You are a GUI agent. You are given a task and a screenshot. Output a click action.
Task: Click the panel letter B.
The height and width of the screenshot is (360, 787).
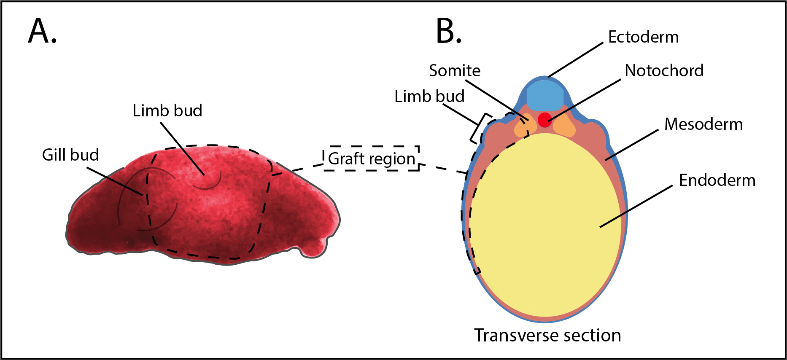point(448,31)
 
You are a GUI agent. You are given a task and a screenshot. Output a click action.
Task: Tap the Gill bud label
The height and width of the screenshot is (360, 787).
point(70,155)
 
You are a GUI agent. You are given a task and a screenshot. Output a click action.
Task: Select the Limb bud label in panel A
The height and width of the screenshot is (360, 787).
point(167,111)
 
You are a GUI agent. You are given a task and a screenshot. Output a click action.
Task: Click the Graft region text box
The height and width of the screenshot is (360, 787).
point(371,159)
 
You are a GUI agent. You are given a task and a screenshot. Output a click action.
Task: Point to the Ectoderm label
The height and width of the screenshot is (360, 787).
point(643,37)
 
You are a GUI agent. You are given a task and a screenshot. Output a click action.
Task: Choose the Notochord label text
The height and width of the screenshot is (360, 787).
point(664,70)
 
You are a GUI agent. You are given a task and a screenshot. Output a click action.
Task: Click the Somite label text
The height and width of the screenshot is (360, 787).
point(455,70)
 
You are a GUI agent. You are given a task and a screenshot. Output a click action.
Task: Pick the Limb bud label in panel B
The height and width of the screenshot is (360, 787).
point(429,97)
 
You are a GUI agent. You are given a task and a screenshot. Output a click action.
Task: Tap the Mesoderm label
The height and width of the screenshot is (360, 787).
point(703,124)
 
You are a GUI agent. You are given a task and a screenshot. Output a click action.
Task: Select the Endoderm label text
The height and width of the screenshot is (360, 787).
point(717,180)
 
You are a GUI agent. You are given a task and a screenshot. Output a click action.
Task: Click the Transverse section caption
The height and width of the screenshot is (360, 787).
point(547,336)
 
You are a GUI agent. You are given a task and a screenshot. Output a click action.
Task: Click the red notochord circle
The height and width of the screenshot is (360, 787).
point(544,120)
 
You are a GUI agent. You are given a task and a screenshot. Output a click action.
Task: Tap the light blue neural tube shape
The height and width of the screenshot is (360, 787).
point(545,95)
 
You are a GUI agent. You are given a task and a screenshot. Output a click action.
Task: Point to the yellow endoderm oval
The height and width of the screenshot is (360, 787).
point(544,228)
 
